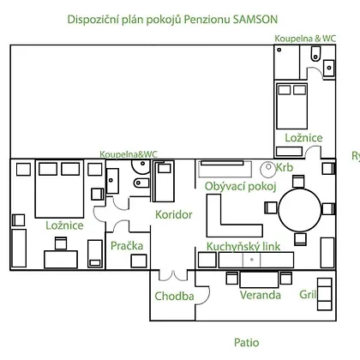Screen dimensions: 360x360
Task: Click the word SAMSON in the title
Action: (255, 20)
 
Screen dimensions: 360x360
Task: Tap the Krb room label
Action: (285, 167)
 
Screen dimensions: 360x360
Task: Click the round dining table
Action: (300, 210)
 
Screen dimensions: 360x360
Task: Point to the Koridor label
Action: (174, 214)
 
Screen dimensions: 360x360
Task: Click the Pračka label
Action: (127, 246)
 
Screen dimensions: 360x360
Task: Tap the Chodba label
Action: (174, 296)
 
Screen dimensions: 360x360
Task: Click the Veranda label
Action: (261, 295)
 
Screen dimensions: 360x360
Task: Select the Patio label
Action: (247, 342)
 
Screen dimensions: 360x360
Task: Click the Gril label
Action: (308, 294)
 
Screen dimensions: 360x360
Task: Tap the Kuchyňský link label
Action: (243, 247)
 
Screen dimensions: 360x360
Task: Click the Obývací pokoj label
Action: (241, 187)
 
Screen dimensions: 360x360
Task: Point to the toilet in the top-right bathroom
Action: (315, 54)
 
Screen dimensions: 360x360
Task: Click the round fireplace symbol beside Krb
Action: (268, 170)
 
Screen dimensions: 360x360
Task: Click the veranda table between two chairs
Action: (259, 279)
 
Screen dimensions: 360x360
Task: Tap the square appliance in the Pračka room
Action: (139, 261)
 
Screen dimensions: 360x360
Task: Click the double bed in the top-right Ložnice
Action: (292, 106)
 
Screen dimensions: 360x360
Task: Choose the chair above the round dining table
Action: (298, 182)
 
